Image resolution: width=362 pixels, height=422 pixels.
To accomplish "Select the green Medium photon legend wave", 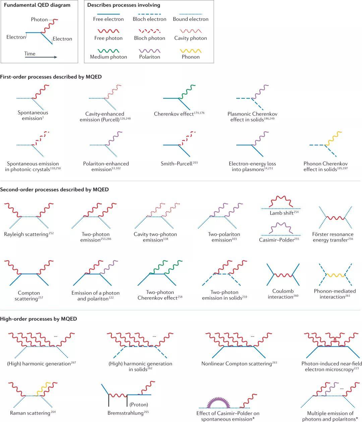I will [x=108, y=51].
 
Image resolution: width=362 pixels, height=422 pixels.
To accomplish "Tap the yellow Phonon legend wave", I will [x=190, y=51].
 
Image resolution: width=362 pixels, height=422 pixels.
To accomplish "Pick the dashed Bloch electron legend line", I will [x=149, y=14].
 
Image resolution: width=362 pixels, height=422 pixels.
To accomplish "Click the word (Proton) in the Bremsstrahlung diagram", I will [x=138, y=405].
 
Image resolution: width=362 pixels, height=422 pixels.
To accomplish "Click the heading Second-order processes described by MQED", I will [x=54, y=190].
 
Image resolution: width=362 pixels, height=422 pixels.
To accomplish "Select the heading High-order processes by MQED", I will [x=39, y=319].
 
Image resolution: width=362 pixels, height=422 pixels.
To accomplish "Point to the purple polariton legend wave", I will [x=149, y=51].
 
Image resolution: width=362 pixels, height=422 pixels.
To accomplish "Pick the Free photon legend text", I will [x=108, y=38].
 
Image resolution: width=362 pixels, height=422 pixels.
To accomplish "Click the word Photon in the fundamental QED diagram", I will [x=39, y=20].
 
